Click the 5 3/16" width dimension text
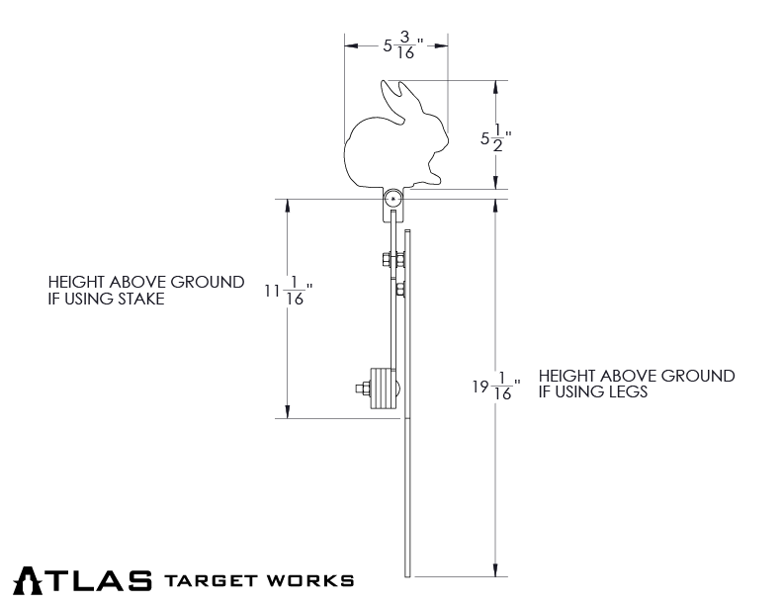pyautogui.click(x=402, y=45)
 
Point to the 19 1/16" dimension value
pyautogui.click(x=495, y=387)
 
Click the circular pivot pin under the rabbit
pyautogui.click(x=394, y=199)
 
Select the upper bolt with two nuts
pyautogui.click(x=393, y=261)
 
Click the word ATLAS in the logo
pyautogui.click(x=83, y=579)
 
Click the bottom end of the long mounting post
pyautogui.click(x=407, y=574)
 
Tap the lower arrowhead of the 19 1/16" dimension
pyautogui.click(x=495, y=570)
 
